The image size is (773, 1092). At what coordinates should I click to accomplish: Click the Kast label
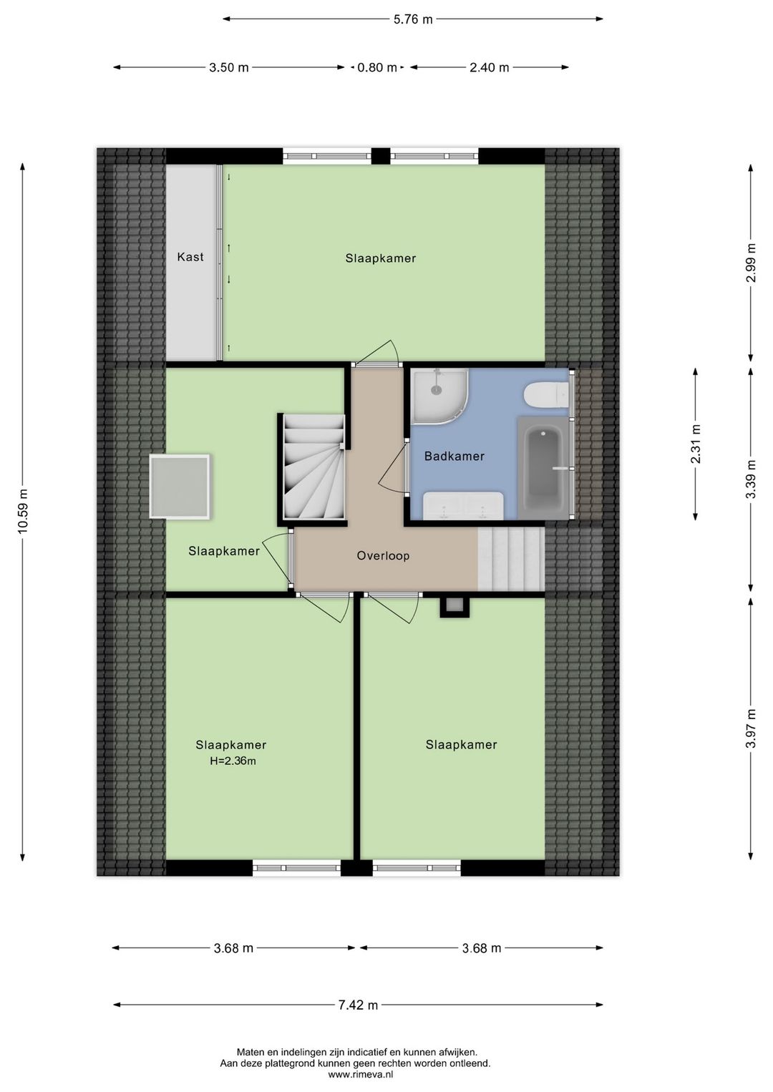pos(190,257)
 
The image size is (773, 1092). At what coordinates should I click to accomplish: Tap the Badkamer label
pos(454,457)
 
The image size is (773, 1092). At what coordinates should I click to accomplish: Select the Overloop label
pos(383,556)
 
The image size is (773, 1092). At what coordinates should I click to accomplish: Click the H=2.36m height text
pos(233,761)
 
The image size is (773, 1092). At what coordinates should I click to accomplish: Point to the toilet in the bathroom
pos(546,395)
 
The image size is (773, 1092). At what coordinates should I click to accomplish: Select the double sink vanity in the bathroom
pos(463,505)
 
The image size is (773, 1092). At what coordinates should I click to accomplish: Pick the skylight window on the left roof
pos(180,487)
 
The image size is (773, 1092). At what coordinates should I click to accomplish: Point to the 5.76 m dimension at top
pos(413,19)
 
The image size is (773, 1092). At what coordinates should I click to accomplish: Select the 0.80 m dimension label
pos(377,68)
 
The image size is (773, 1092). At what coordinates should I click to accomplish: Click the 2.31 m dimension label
pos(696,444)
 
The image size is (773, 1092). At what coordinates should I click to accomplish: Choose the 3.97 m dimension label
pos(751,728)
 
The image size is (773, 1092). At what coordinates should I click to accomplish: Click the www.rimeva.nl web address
pos(361,1074)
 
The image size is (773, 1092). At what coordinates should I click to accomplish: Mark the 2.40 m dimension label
pos(489,68)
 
